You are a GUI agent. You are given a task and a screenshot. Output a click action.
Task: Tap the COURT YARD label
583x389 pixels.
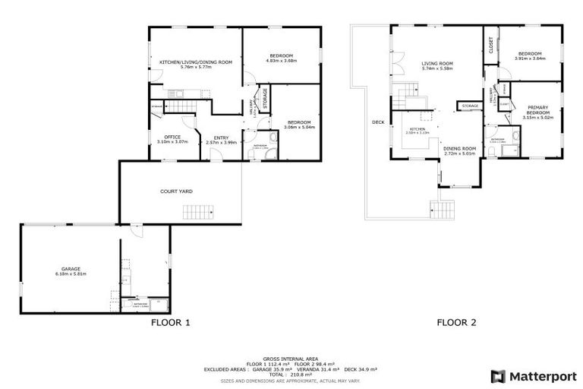tap(175, 191)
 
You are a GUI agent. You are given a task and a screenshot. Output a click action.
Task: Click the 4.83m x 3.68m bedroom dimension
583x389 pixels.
tap(282, 61)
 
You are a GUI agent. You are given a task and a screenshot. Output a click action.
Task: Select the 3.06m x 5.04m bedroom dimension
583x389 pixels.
tap(298, 127)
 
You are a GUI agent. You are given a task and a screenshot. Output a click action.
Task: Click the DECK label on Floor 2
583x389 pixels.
tap(378, 122)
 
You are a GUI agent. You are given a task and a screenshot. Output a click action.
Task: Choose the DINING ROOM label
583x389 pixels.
tap(459, 148)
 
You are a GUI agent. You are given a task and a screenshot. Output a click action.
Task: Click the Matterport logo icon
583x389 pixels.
tap(497, 376)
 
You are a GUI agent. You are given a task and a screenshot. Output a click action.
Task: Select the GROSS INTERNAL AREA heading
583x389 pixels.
tap(291, 359)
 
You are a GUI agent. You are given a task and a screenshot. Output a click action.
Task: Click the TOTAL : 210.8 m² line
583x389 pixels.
tap(291, 373)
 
